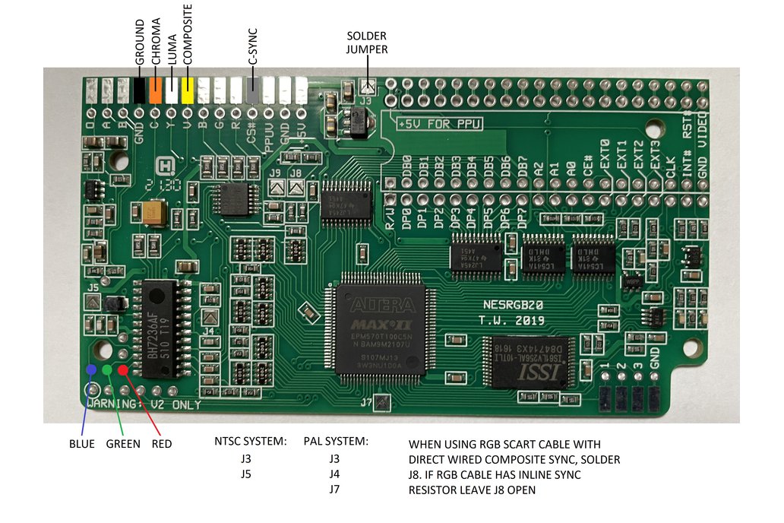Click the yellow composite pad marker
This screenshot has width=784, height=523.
[x=187, y=90]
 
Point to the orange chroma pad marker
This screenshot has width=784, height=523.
[x=156, y=90]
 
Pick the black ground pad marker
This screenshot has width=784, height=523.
[x=139, y=90]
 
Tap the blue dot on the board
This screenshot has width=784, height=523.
[x=92, y=369]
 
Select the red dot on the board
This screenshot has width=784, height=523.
[x=122, y=369]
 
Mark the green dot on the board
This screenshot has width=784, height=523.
[x=107, y=369]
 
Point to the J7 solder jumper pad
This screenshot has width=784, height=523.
[x=384, y=401]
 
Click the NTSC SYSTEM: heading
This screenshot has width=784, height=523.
[x=249, y=441]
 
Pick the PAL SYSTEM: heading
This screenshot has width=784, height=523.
[x=336, y=441]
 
